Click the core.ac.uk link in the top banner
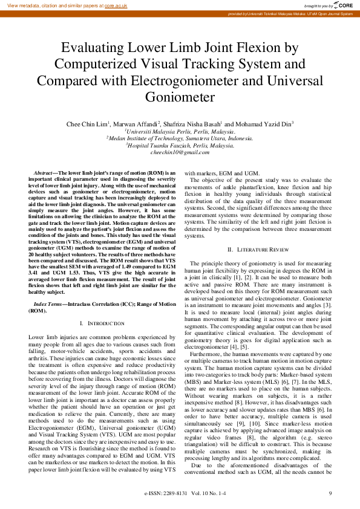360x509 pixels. pyautogui.click(x=116, y=5)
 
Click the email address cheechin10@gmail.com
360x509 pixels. pyautogui.click(x=179, y=153)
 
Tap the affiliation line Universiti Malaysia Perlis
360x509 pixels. pyautogui.click(x=180, y=131)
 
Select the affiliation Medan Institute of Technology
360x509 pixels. pyautogui.click(x=180, y=138)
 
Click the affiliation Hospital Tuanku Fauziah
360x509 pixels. pyautogui.click(x=180, y=145)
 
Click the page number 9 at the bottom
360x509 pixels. pyautogui.click(x=330, y=494)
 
